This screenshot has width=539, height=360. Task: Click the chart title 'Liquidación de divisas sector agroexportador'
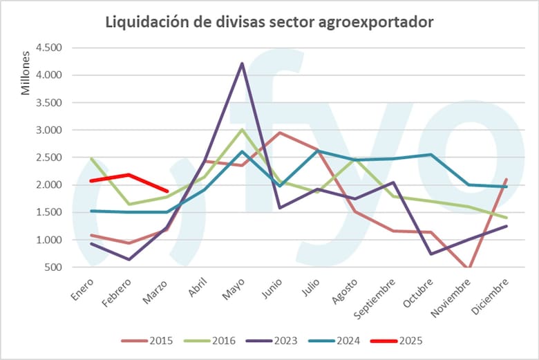(269, 21)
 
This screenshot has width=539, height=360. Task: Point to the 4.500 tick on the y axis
(48, 48)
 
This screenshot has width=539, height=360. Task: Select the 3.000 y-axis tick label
(48, 130)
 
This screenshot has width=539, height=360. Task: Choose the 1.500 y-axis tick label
(48, 212)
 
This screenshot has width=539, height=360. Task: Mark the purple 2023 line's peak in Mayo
(241, 64)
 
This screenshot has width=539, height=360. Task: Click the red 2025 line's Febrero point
(129, 175)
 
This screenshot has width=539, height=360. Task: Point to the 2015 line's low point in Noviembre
(470, 268)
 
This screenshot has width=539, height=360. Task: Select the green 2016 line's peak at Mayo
(241, 129)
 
